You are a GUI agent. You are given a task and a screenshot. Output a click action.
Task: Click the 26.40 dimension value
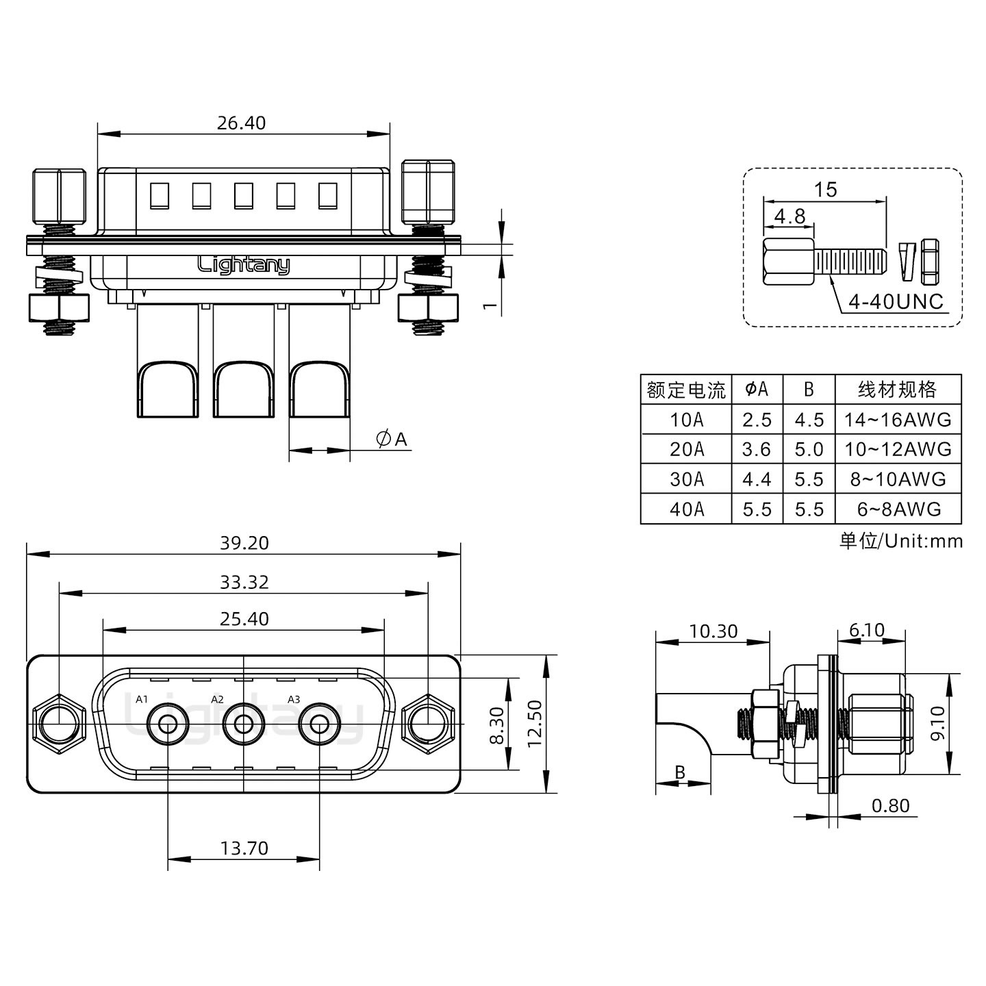(241, 123)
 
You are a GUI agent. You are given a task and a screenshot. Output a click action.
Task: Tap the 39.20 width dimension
(244, 543)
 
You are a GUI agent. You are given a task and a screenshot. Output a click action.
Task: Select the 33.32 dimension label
(244, 582)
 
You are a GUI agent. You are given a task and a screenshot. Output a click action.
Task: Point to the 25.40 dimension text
(244, 619)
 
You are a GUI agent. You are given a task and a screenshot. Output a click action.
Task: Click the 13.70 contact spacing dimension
(244, 848)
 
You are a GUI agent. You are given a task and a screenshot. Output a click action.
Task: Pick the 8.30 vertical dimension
(498, 725)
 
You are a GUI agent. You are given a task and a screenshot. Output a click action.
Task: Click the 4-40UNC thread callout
(896, 301)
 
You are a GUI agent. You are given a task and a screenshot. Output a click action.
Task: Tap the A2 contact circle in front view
(243, 724)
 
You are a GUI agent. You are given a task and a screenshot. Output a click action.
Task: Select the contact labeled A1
(168, 724)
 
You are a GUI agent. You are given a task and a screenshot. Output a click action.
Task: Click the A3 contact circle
(319, 724)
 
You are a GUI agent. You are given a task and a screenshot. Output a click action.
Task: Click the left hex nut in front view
(59, 724)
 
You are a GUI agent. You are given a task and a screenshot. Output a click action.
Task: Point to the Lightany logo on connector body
(244, 264)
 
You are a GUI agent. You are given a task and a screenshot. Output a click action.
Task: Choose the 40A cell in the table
(686, 509)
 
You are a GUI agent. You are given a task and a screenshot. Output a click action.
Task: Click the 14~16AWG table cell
(898, 420)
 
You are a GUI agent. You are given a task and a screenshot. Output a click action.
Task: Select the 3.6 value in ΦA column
(757, 450)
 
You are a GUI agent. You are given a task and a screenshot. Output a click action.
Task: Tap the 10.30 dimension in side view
(713, 631)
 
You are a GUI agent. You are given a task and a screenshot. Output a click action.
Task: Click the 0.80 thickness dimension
(890, 806)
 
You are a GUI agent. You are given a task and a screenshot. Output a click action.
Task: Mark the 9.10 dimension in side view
(937, 723)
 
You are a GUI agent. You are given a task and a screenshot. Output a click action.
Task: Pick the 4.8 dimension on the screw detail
(789, 216)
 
